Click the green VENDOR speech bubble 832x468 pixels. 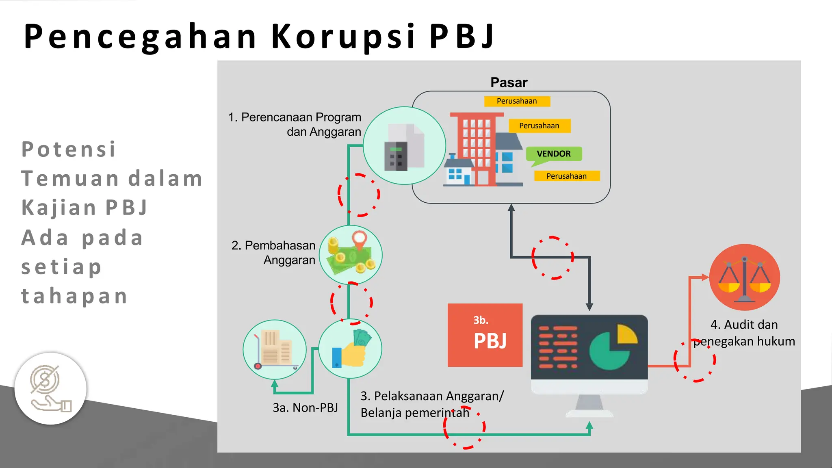tap(554, 154)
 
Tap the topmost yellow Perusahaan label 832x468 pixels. tap(517, 101)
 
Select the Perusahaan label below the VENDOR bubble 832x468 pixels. tap(566, 176)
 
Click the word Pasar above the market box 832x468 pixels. tap(509, 82)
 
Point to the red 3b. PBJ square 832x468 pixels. tap(485, 335)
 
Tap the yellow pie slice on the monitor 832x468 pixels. tap(626, 334)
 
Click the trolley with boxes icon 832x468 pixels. tap(275, 350)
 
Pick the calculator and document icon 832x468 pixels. tap(404, 146)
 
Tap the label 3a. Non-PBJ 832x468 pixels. tap(305, 407)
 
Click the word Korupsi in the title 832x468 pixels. tap(343, 37)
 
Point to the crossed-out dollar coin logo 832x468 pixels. tap(45, 380)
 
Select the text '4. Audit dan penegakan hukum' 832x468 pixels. tap(744, 333)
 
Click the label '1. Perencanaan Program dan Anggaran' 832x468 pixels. tap(295, 124)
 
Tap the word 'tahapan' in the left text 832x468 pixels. tap(74, 296)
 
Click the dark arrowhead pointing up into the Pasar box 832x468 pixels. tap(511, 208)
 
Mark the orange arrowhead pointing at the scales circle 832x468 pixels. tap(705, 277)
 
